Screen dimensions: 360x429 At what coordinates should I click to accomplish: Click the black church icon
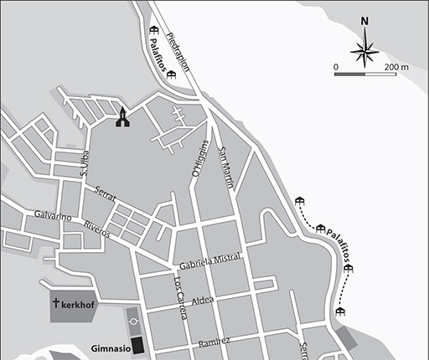(x=123, y=118)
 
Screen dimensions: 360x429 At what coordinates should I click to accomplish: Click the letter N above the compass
(x=364, y=23)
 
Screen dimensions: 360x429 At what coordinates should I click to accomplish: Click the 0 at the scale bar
(x=337, y=65)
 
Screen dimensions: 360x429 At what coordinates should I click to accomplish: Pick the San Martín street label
(x=225, y=167)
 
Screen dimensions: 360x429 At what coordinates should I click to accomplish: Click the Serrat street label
(x=105, y=192)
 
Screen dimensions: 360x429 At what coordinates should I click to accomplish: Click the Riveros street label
(x=97, y=229)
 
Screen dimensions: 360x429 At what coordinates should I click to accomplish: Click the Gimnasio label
(x=110, y=347)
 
